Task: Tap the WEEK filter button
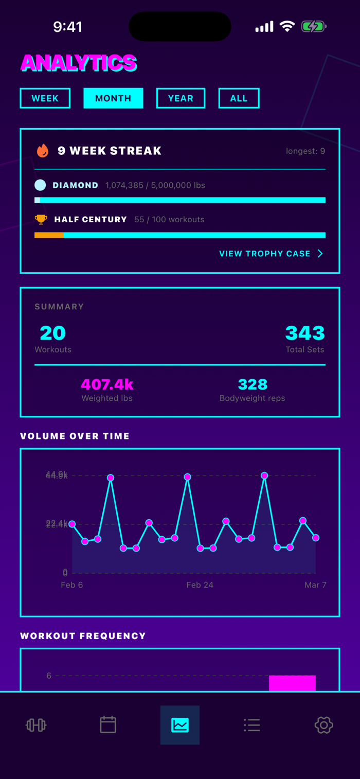[45, 98]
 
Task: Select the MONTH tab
[113, 98]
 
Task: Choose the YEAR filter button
[181, 98]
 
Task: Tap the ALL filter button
[239, 98]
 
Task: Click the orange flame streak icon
[43, 151]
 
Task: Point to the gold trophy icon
[41, 219]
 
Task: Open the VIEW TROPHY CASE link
[271, 254]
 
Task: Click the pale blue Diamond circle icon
[40, 185]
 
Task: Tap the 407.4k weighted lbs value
[107, 384]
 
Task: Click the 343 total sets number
[305, 333]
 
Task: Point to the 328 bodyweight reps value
[253, 384]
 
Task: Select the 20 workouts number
[52, 333]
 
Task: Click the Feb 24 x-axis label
[200, 585]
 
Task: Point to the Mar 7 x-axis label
[315, 585]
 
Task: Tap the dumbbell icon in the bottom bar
[36, 725]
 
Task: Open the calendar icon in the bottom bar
[108, 725]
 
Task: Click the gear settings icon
[324, 725]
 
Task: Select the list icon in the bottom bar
[252, 725]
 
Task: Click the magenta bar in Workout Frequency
[292, 683]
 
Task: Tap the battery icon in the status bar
[314, 26]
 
